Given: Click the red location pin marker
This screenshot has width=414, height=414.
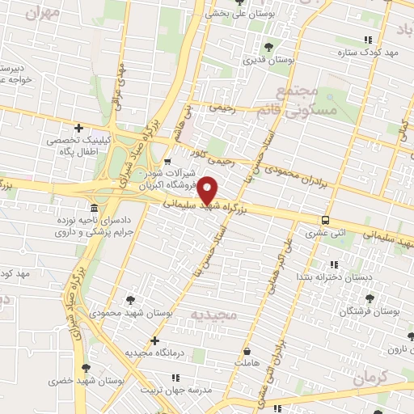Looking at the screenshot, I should tap(208, 192).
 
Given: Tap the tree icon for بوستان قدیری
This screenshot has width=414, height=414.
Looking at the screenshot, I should tap(268, 48).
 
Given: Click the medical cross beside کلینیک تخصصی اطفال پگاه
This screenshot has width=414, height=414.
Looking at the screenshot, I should tap(78, 128).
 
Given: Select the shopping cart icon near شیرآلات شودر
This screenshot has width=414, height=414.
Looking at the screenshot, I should tap(167, 160).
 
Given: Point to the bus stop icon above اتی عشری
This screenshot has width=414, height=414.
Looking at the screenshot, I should tap(325, 220).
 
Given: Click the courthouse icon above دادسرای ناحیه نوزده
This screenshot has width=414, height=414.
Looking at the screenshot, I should tap(95, 207).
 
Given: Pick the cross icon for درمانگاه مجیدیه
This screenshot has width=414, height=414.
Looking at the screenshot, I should tap(154, 340).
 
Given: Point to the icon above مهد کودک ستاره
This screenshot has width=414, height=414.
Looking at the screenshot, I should tap(370, 39).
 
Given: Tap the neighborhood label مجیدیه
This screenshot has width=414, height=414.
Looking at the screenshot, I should tap(213, 314).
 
